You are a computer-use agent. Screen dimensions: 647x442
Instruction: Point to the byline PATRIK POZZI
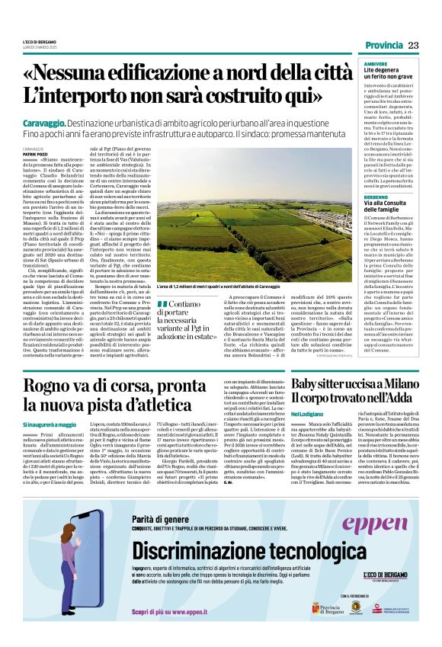pyautogui.click(x=35, y=154)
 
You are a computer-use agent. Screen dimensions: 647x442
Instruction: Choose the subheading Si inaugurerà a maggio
pyautogui.click(x=50, y=424)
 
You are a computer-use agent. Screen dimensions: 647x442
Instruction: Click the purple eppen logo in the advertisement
pyautogui.click(x=374, y=524)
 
